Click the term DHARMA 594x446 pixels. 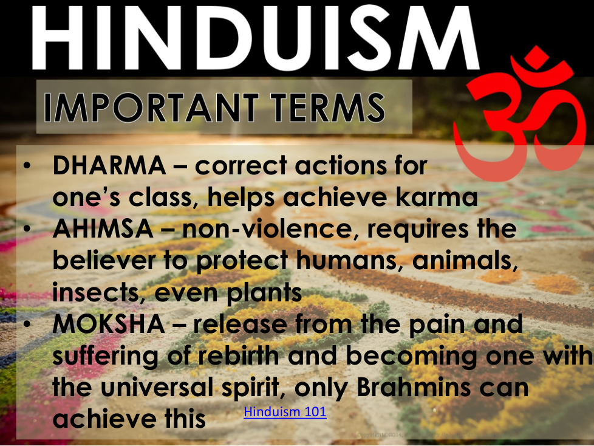(x=109, y=166)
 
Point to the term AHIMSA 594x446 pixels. (x=103, y=229)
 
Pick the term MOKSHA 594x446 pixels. (x=109, y=324)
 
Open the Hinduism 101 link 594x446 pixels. (x=285, y=411)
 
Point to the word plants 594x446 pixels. (x=264, y=293)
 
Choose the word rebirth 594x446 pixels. (x=238, y=356)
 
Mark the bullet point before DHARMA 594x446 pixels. (x=27, y=166)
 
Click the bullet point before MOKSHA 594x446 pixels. (x=27, y=324)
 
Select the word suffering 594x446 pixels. (x=105, y=357)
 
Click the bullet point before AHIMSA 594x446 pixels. (x=27, y=230)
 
